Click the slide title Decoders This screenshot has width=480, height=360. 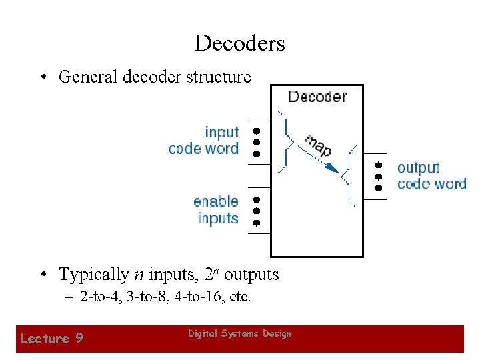tap(240, 43)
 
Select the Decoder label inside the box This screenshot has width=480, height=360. tap(317, 97)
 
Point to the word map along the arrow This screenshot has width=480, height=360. tap(318, 145)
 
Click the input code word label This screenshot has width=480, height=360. tap(203, 140)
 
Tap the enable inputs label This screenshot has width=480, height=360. tap(216, 209)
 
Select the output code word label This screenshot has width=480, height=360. tap(431, 175)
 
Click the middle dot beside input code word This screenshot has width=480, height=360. tap(256, 142)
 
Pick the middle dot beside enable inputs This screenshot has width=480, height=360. tap(256, 210)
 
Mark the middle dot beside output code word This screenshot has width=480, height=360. tap(379, 177)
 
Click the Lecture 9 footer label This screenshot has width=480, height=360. tap(52, 339)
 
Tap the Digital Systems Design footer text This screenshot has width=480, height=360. tap(239, 333)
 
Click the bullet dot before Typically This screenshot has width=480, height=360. tap(42, 275)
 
